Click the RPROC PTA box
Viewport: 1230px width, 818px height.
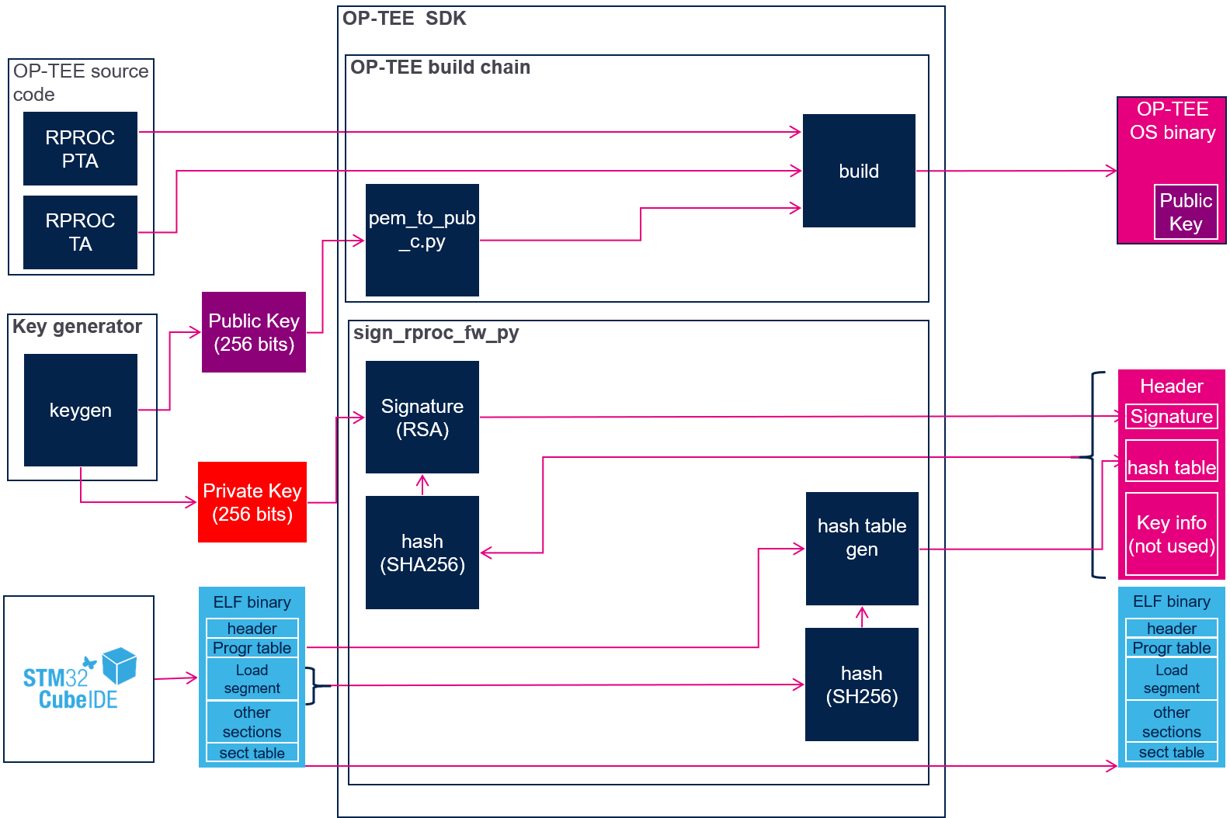tap(80, 149)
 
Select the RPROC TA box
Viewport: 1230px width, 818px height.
tap(80, 232)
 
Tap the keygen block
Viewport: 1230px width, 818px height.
tap(81, 410)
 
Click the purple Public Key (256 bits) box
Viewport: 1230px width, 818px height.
tap(254, 332)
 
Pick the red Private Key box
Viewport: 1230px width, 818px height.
tap(252, 502)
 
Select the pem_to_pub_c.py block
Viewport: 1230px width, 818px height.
tap(422, 241)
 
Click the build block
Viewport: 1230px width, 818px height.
tap(859, 171)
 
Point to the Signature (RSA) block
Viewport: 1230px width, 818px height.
tap(422, 417)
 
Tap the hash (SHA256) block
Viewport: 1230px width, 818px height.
tap(422, 553)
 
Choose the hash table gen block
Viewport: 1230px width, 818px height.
tap(862, 549)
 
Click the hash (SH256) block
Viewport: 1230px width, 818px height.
tap(862, 685)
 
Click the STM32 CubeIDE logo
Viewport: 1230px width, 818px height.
tap(79, 678)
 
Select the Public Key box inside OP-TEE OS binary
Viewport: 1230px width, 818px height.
tap(1186, 213)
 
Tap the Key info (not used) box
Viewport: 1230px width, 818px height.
tap(1172, 534)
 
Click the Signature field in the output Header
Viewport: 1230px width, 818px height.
tap(1172, 417)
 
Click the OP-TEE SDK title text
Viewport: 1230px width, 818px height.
tap(404, 19)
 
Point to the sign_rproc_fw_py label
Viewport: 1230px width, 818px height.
tap(436, 333)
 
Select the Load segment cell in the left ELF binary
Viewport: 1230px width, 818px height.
tap(252, 679)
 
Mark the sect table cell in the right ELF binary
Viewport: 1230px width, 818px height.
tap(1172, 752)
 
